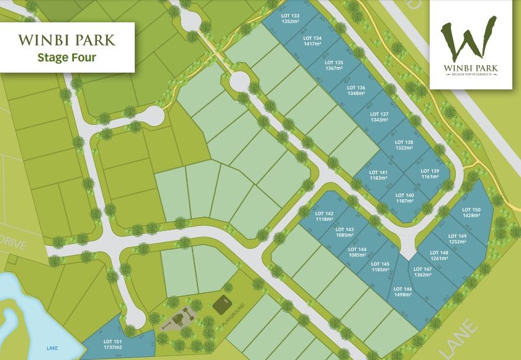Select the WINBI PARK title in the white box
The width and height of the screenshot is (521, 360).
coord(67,40)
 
